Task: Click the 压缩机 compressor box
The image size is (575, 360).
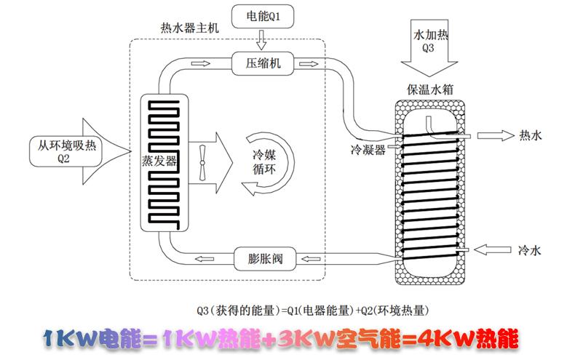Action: [x=260, y=64]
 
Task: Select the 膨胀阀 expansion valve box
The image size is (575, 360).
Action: [x=260, y=257]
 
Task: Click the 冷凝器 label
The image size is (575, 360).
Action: [x=368, y=150]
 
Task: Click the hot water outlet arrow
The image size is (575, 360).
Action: [x=498, y=135]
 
